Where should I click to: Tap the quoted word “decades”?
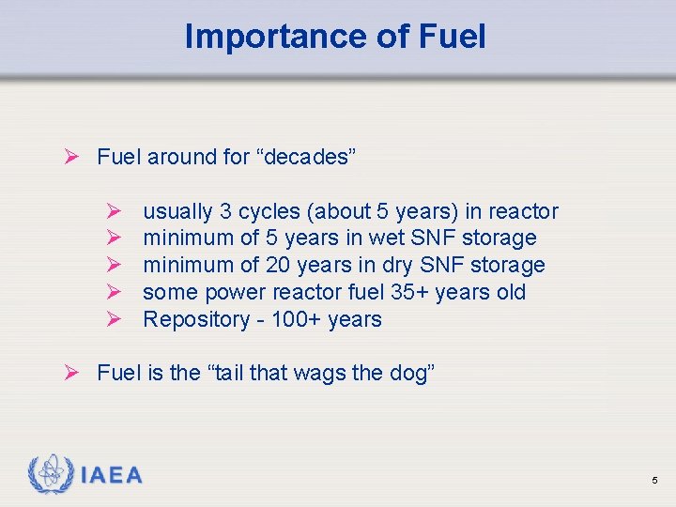306,157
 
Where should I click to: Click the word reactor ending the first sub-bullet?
523,212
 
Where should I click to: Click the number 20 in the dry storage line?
278,266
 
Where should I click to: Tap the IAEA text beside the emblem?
112,475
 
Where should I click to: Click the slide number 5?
654,481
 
